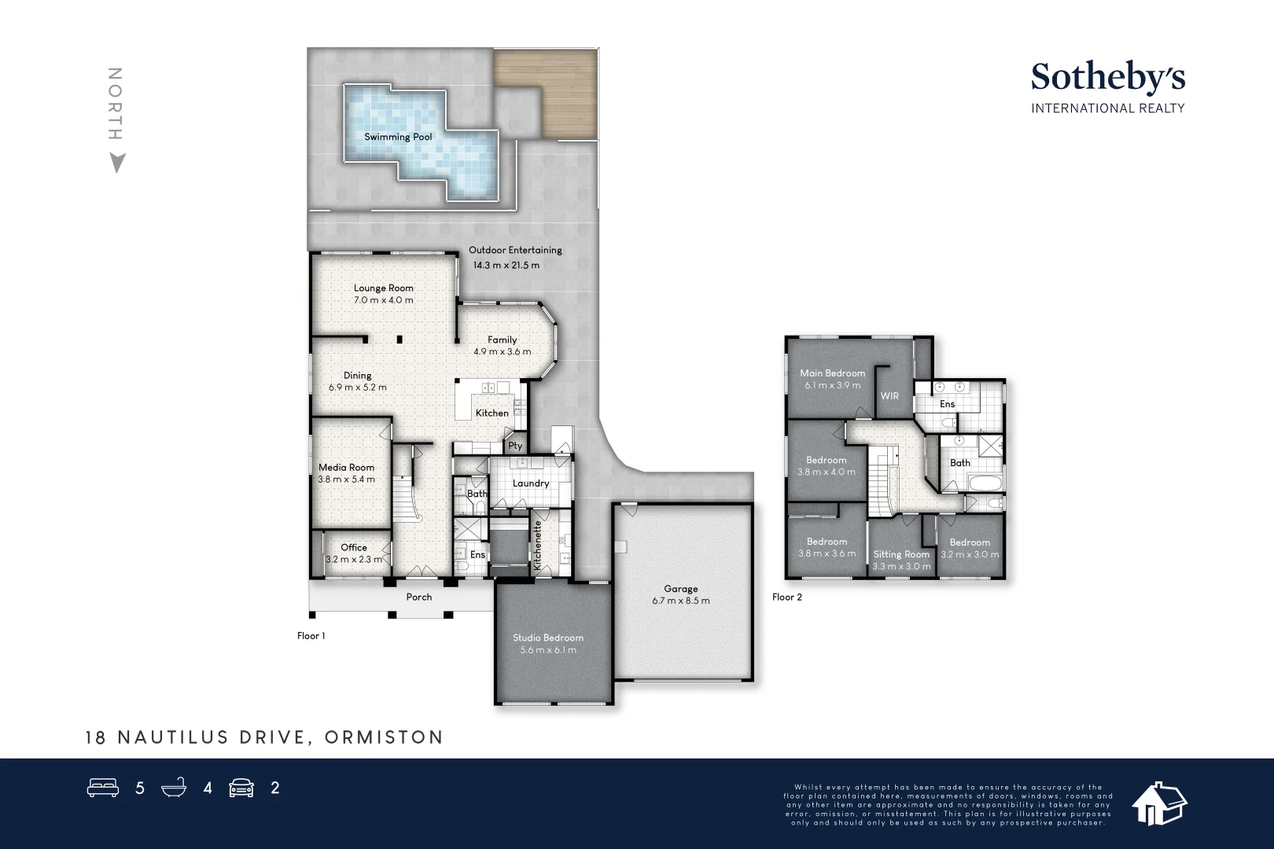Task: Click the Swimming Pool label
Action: pyautogui.click(x=398, y=137)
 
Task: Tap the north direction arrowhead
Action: pyautogui.click(x=117, y=163)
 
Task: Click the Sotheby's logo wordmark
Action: pyautogui.click(x=1107, y=77)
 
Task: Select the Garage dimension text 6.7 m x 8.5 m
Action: pyautogui.click(x=680, y=601)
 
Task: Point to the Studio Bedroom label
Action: pyautogui.click(x=548, y=638)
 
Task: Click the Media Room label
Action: pyautogui.click(x=346, y=467)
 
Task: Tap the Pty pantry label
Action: pyautogui.click(x=515, y=446)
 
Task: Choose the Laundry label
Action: pyautogui.click(x=531, y=483)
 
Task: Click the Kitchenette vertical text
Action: pyautogui.click(x=538, y=545)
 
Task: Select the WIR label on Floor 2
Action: pyautogui.click(x=889, y=396)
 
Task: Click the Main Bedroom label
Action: pyautogui.click(x=832, y=373)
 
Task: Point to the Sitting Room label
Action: pyautogui.click(x=901, y=554)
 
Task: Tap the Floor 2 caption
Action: pyautogui.click(x=787, y=597)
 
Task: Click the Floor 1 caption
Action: pyautogui.click(x=311, y=636)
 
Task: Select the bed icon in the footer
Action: pyautogui.click(x=103, y=788)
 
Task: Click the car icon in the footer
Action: pyautogui.click(x=241, y=788)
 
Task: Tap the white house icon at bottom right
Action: pyautogui.click(x=1158, y=803)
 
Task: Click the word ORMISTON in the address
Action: pyautogui.click(x=384, y=737)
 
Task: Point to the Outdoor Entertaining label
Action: pyautogui.click(x=515, y=250)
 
